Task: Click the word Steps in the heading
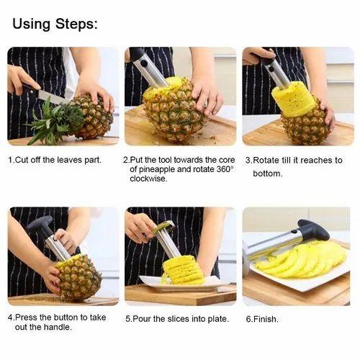click(x=76, y=24)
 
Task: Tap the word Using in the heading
click(x=32, y=24)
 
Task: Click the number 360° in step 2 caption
click(x=225, y=169)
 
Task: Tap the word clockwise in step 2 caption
click(x=148, y=179)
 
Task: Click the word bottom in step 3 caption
click(x=268, y=174)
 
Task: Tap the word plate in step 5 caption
click(x=218, y=319)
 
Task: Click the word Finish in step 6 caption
click(x=266, y=319)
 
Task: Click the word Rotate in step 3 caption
click(x=266, y=160)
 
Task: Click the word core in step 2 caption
click(x=227, y=160)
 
